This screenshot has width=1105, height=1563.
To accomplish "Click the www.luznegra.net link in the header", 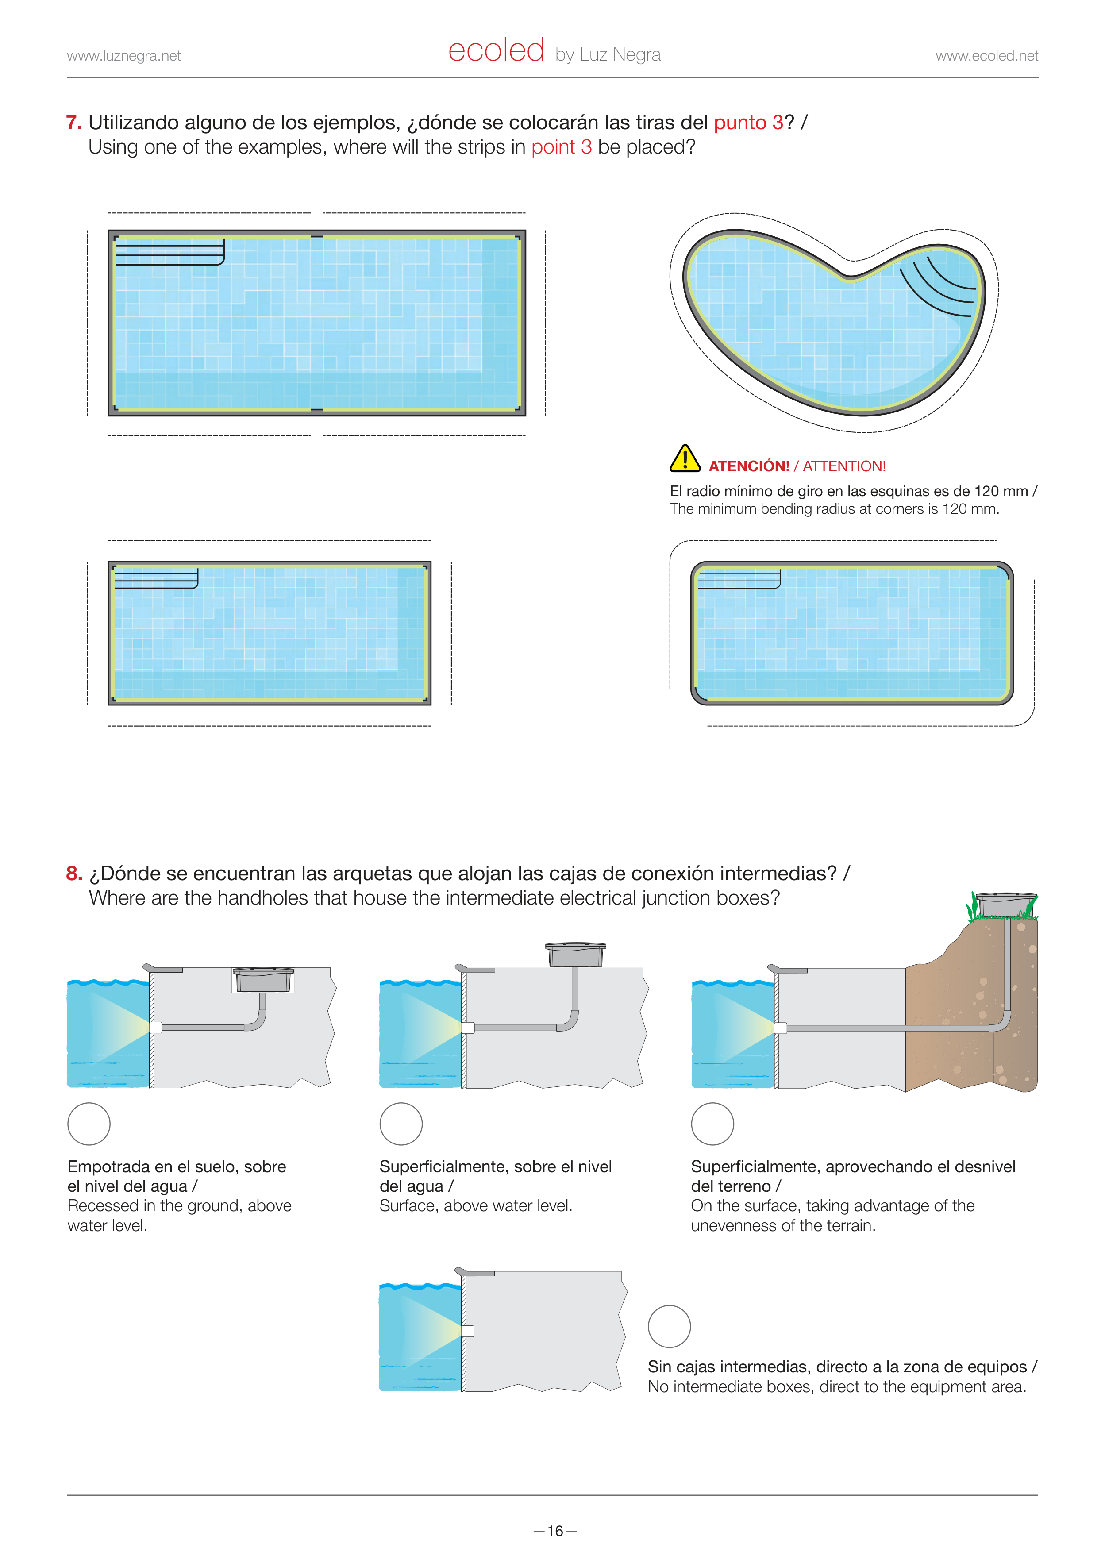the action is point(124,56).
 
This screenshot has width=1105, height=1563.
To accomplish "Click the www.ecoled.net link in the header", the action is point(986,56).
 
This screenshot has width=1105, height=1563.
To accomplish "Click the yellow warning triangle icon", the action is point(685,458).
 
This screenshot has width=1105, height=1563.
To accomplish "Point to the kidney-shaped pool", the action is point(834,323).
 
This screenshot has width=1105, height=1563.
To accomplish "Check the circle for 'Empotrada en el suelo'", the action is point(89,1124).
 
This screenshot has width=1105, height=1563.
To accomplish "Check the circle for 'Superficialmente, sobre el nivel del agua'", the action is point(401,1124).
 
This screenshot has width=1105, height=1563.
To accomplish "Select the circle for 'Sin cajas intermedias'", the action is point(669,1326).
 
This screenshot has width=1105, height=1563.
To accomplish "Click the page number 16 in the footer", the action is point(555,1531).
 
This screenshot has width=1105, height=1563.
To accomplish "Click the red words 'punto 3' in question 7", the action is point(748,123).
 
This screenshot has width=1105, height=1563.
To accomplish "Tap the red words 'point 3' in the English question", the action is point(562,147).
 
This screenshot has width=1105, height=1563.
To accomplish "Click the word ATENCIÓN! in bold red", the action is point(749,466).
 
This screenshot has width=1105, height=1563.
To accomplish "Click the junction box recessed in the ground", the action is point(263,980).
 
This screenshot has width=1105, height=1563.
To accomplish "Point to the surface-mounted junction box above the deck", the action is point(575,955).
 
